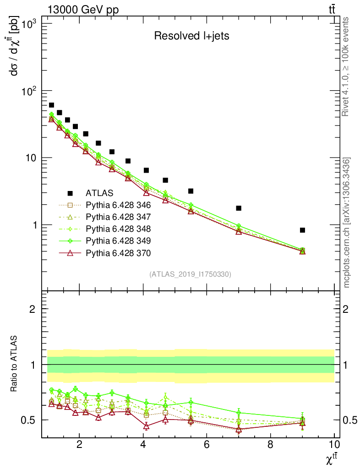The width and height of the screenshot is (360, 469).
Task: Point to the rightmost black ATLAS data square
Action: [302, 230]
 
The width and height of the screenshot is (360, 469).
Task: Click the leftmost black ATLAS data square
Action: [51, 105]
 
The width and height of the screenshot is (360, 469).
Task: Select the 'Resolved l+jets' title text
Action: [191, 36]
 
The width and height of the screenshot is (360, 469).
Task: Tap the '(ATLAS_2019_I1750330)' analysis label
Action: [190, 274]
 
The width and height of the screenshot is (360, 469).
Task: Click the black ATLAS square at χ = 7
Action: [239, 208]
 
